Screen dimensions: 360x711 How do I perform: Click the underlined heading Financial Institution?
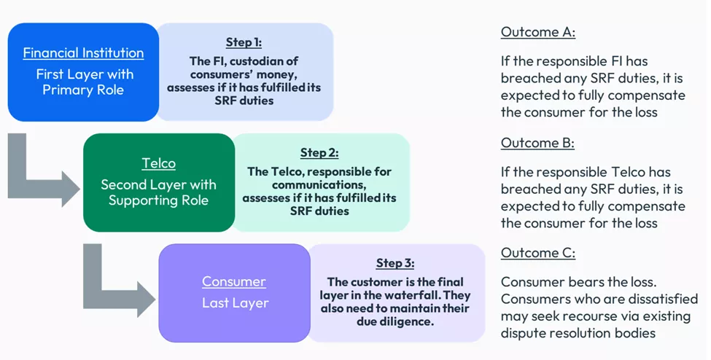click(x=83, y=53)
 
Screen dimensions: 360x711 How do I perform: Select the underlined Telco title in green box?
click(x=158, y=164)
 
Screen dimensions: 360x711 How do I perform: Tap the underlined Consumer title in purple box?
click(x=233, y=281)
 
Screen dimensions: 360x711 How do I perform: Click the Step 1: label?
click(x=244, y=42)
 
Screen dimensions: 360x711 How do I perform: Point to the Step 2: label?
click(x=319, y=153)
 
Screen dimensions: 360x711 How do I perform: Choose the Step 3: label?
click(x=395, y=263)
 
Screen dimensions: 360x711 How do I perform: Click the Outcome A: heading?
click(x=537, y=32)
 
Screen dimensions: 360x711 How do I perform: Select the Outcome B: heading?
click(x=537, y=143)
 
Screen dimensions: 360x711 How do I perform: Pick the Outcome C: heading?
click(x=537, y=253)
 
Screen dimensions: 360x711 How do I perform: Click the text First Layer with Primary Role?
click(x=83, y=82)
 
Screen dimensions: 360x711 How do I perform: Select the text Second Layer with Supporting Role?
click(x=158, y=192)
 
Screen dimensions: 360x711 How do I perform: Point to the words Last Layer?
click(x=235, y=302)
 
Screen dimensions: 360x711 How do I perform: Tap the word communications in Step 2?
click(x=319, y=185)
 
